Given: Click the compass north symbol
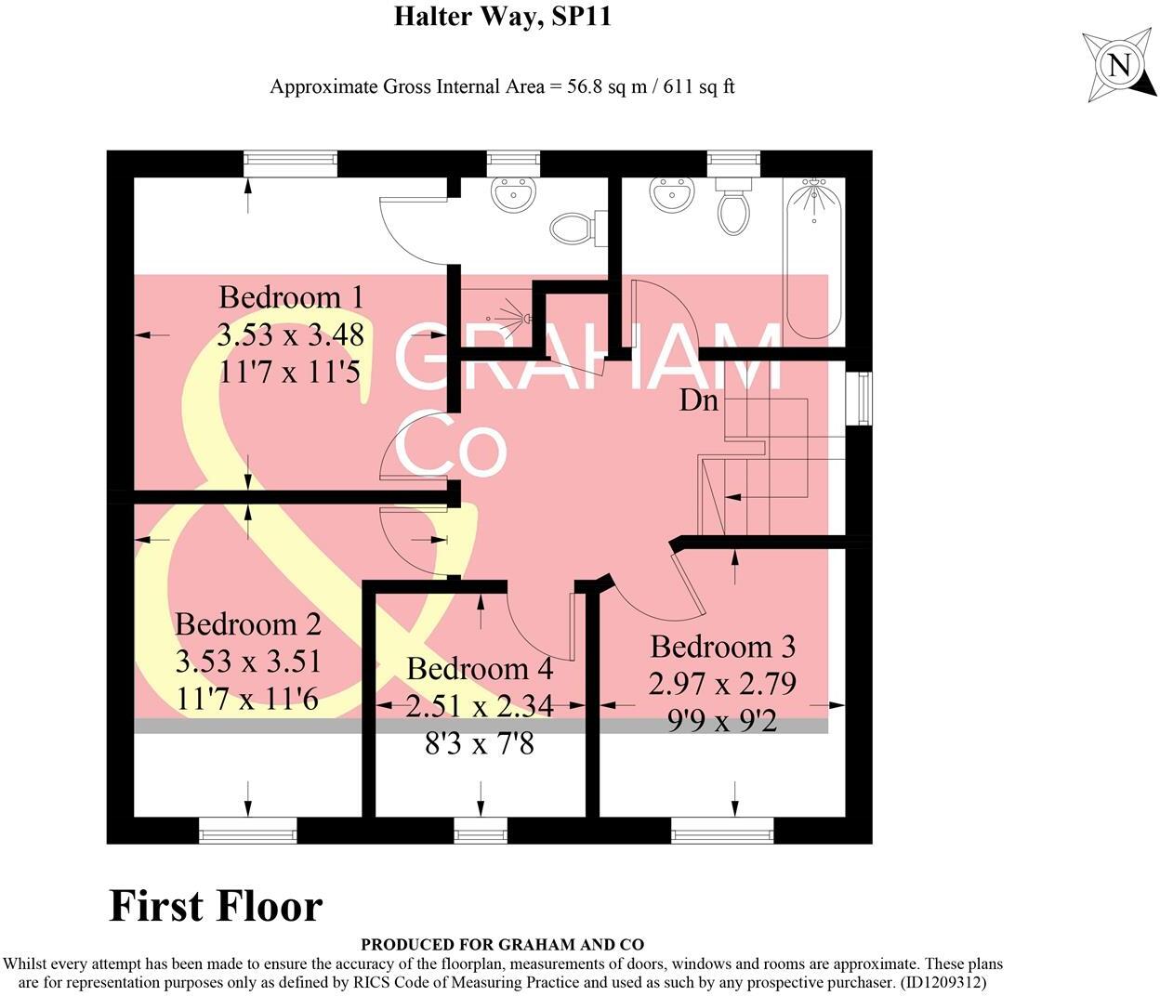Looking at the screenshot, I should point(1119,66).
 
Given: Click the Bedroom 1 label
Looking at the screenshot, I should point(290,297).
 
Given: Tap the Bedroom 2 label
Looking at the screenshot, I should point(247,623).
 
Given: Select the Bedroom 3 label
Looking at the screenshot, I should point(722,647).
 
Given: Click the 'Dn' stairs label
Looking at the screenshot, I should point(699,401).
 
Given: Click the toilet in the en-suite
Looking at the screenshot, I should point(570,226).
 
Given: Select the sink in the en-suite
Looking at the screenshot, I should point(513,196).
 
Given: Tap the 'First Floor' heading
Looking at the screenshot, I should point(216,906).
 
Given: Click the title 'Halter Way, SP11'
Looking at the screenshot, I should point(502,17).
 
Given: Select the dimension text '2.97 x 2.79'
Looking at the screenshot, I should point(722,684).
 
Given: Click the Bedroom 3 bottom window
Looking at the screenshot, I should point(722,831).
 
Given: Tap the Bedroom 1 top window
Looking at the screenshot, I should point(290,163).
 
